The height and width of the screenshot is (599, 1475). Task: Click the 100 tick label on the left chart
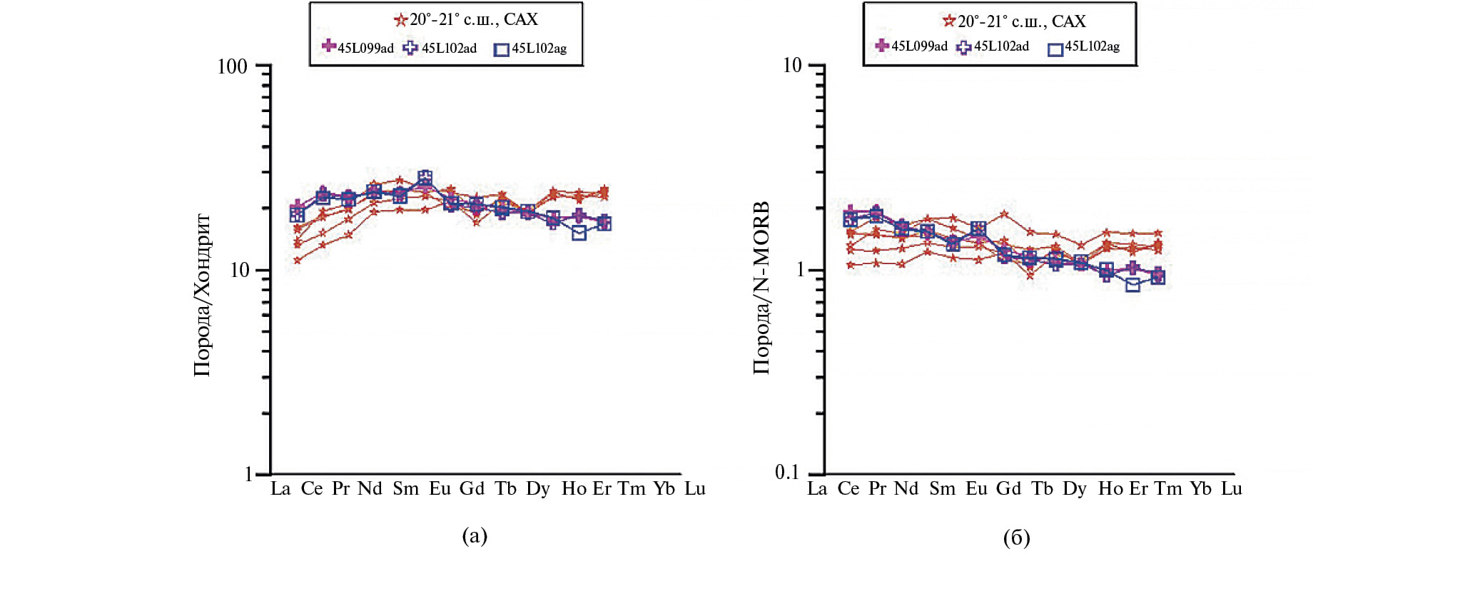tap(232, 67)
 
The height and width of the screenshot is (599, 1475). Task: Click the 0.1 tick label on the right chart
tap(787, 472)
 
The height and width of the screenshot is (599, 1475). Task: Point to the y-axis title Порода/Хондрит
tap(203, 295)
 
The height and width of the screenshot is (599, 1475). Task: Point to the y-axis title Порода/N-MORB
tap(761, 288)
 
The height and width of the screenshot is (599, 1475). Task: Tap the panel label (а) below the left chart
tap(475, 536)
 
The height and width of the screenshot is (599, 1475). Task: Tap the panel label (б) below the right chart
tap(1016, 538)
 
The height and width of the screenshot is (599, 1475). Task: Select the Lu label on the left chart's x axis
tap(695, 489)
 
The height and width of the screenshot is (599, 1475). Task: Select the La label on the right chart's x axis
tap(817, 489)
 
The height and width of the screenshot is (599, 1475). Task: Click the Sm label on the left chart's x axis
tap(405, 489)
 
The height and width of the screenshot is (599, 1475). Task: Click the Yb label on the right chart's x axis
tap(1200, 489)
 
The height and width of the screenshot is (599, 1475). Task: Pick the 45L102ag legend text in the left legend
tap(539, 49)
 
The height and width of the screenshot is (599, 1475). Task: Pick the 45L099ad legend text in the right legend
tap(919, 46)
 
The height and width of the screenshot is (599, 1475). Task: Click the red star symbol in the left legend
tap(400, 21)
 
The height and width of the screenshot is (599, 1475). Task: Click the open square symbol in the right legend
tap(1055, 49)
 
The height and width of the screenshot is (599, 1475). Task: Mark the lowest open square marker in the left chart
tap(579, 233)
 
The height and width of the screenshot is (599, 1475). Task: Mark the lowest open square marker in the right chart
tap(1132, 285)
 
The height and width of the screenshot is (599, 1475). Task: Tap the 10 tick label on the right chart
tap(792, 66)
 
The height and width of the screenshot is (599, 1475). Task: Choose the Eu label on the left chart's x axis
tap(440, 489)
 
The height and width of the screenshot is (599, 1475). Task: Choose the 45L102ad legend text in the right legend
tap(1001, 46)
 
